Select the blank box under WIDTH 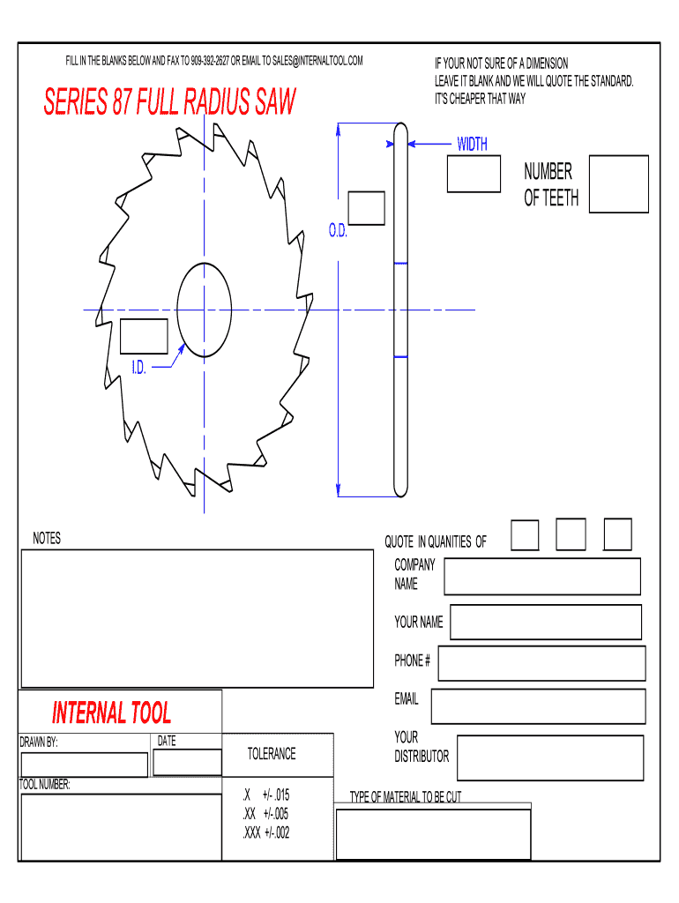pyautogui.click(x=474, y=174)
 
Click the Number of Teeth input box pyautogui.click(x=618, y=184)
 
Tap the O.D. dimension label pyautogui.click(x=339, y=231)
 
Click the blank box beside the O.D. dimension pyautogui.click(x=366, y=208)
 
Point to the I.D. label pyautogui.click(x=139, y=366)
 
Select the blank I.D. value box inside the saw pyautogui.click(x=144, y=336)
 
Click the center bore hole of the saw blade pyautogui.click(x=205, y=310)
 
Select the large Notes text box pyautogui.click(x=198, y=618)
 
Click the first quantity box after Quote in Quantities pyautogui.click(x=526, y=534)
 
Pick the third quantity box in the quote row pyautogui.click(x=617, y=534)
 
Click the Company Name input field pyautogui.click(x=542, y=577)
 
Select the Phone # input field pyautogui.click(x=541, y=663)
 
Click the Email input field pyautogui.click(x=538, y=706)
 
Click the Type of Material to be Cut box pyautogui.click(x=433, y=833)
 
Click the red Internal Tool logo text pyautogui.click(x=112, y=713)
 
